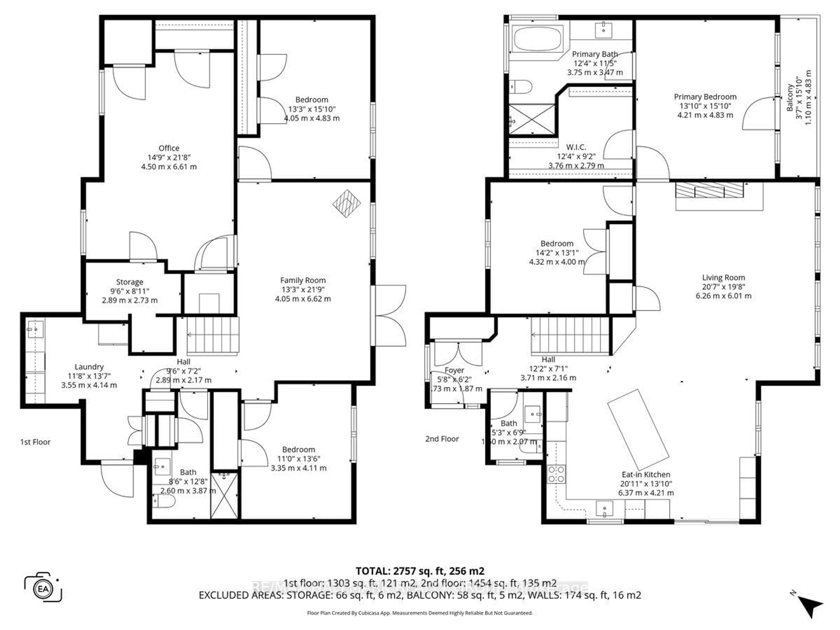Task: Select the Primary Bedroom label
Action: pyautogui.click(x=705, y=97)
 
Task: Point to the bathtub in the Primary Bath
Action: pyautogui.click(x=537, y=38)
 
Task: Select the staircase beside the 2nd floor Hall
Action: pyautogui.click(x=570, y=335)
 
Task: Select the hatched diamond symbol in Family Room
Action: pyautogui.click(x=346, y=203)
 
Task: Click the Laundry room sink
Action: pyautogui.click(x=35, y=329)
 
